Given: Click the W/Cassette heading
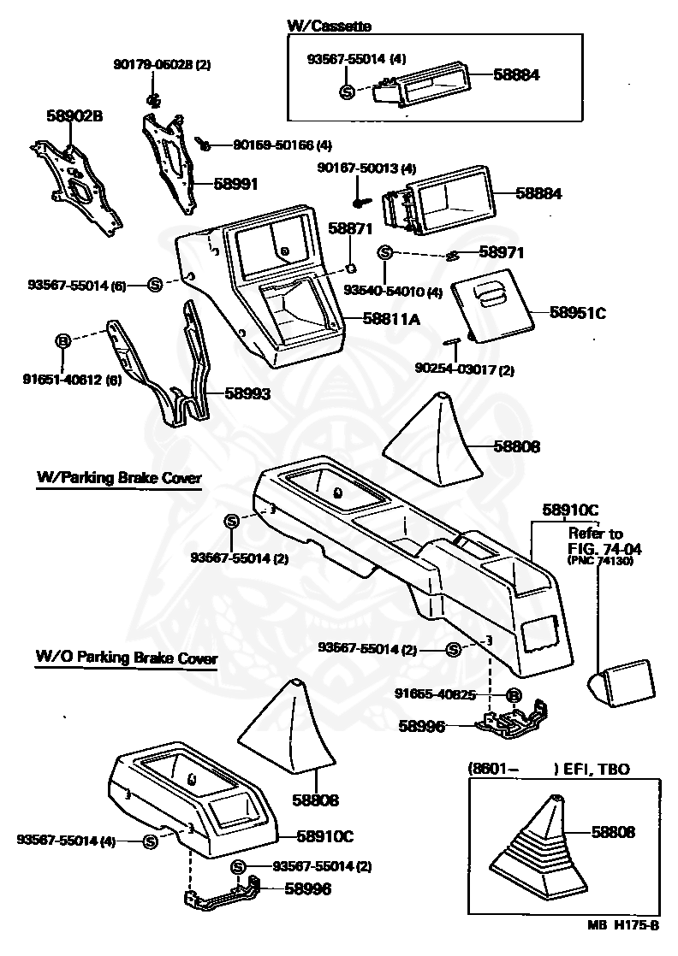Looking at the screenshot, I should click(329, 27).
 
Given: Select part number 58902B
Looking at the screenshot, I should click(73, 115).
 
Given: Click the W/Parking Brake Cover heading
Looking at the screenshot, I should click(119, 478).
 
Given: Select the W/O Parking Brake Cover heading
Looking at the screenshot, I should click(126, 658).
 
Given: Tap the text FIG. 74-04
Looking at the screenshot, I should click(604, 548).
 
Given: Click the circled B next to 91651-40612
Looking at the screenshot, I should click(62, 341).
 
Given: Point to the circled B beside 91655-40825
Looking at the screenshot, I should click(514, 695).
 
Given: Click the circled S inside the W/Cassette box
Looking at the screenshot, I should click(348, 92).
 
